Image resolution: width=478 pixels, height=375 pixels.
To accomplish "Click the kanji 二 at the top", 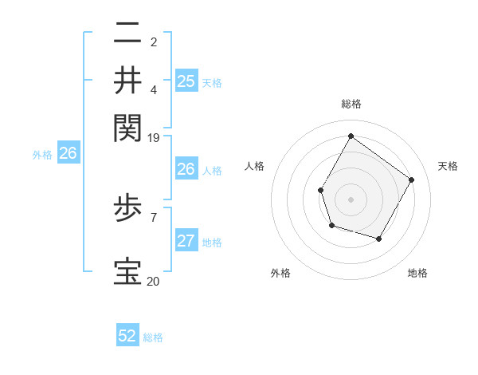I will pyautogui.click(x=127, y=34).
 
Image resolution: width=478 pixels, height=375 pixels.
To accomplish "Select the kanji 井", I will pyautogui.click(x=127, y=80).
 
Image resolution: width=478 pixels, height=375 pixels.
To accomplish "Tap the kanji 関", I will pyautogui.click(x=127, y=127).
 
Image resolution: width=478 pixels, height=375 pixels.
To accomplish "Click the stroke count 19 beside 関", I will pyautogui.click(x=154, y=137).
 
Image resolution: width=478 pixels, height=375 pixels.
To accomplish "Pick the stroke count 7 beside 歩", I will pyautogui.click(x=154, y=216).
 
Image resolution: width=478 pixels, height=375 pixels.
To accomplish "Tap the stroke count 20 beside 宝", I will pyautogui.click(x=154, y=282).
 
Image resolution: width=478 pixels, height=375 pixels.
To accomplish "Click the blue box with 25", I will pyautogui.click(x=186, y=81).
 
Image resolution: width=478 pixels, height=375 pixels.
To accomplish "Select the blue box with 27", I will pyautogui.click(x=186, y=242).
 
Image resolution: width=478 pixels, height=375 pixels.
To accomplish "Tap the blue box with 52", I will pyautogui.click(x=127, y=336).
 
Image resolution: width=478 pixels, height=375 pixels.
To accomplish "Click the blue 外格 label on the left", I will pyautogui.click(x=42, y=155).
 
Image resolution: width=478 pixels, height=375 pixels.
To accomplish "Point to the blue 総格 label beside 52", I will pyautogui.click(x=153, y=337).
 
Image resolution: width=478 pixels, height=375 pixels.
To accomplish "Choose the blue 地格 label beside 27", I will pyautogui.click(x=212, y=243).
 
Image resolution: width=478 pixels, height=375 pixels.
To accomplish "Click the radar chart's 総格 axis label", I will pyautogui.click(x=351, y=104).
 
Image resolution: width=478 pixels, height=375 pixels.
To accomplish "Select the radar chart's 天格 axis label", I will pyautogui.click(x=448, y=166).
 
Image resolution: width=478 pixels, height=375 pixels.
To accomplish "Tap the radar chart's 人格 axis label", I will pyautogui.click(x=255, y=166).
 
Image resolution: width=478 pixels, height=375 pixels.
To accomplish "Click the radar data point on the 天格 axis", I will pyautogui.click(x=411, y=180).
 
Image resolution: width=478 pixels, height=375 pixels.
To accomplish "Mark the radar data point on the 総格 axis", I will pyautogui.click(x=351, y=136).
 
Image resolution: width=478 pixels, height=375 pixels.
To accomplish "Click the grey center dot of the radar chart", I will pyautogui.click(x=351, y=199).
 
